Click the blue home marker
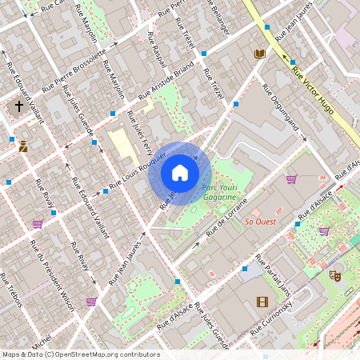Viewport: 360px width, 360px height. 180,173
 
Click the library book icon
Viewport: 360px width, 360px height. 258,54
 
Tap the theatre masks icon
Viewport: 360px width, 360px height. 335,275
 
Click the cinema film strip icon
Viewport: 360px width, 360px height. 262,302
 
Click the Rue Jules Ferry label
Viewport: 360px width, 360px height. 140,132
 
